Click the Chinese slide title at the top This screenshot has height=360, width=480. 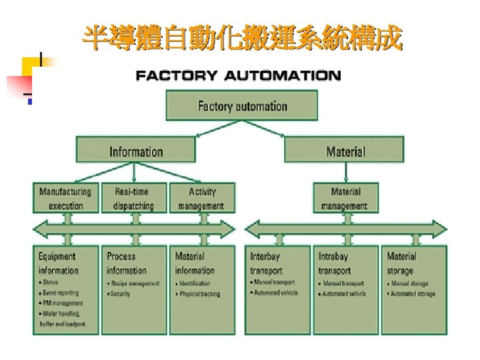pyautogui.click(x=243, y=39)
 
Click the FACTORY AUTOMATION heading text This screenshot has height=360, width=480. pyautogui.click(x=238, y=76)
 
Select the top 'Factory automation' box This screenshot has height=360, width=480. pyautogui.click(x=242, y=106)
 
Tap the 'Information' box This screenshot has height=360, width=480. pyautogui.click(x=136, y=151)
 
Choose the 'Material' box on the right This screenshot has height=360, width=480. pyautogui.click(x=345, y=151)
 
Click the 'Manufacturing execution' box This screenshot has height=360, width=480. pyautogui.click(x=66, y=199)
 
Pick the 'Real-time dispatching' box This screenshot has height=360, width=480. pyautogui.click(x=134, y=199)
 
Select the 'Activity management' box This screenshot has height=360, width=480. pyautogui.click(x=201, y=199)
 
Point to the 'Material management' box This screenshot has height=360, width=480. pyautogui.click(x=345, y=199)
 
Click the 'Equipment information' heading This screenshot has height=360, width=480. pyautogui.click(x=58, y=263)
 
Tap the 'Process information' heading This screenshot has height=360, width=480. pyautogui.click(x=126, y=263)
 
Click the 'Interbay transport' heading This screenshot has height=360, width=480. pyautogui.click(x=266, y=263)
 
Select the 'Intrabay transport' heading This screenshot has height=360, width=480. pyautogui.click(x=334, y=263)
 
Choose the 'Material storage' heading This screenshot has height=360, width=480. pyautogui.click(x=401, y=263)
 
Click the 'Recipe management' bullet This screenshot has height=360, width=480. pyautogui.click(x=135, y=283)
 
